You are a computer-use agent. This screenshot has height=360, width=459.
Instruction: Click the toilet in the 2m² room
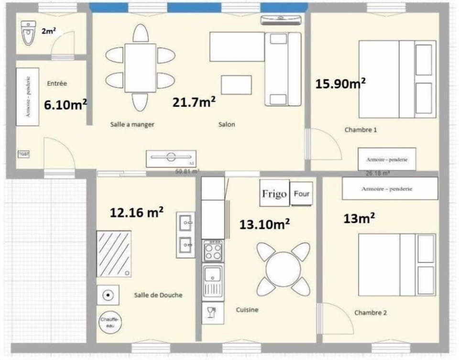click(x=28, y=33)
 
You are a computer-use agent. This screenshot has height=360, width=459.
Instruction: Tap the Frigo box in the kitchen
click(x=274, y=194)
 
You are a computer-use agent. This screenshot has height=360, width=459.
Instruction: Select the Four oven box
click(x=302, y=194)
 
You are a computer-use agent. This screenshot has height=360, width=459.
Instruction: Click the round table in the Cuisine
click(x=283, y=269)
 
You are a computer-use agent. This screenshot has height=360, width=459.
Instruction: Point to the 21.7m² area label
click(x=194, y=102)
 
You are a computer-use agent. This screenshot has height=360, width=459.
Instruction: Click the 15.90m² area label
click(x=340, y=84)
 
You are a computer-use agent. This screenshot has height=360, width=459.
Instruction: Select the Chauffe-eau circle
click(x=110, y=322)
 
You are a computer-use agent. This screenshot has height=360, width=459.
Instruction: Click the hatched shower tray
click(x=114, y=253)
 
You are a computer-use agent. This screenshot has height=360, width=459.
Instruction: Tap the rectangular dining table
click(x=140, y=68)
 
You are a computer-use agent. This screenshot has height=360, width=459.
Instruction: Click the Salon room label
click(x=226, y=124)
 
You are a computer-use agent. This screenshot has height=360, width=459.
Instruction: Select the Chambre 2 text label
click(x=371, y=313)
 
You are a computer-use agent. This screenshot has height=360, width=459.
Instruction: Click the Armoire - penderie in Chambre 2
click(x=390, y=189)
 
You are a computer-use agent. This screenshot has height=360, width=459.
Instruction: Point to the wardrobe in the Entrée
click(x=28, y=97)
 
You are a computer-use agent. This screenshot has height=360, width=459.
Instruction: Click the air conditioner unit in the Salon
click(x=281, y=20)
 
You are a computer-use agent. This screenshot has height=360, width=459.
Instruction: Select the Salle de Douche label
click(x=158, y=295)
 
